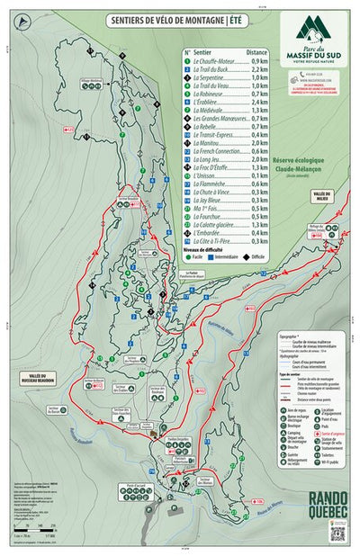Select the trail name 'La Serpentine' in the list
(212, 76)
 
